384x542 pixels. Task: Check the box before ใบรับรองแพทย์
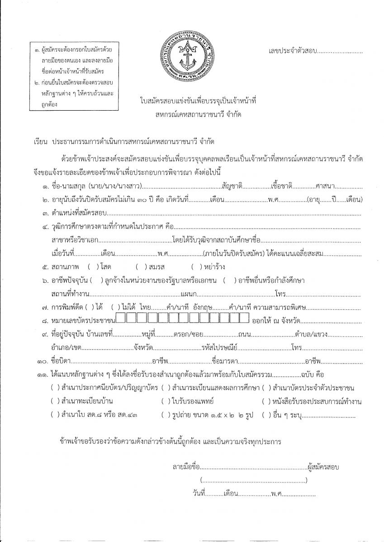(165, 401)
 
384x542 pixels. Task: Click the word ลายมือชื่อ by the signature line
(186, 467)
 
